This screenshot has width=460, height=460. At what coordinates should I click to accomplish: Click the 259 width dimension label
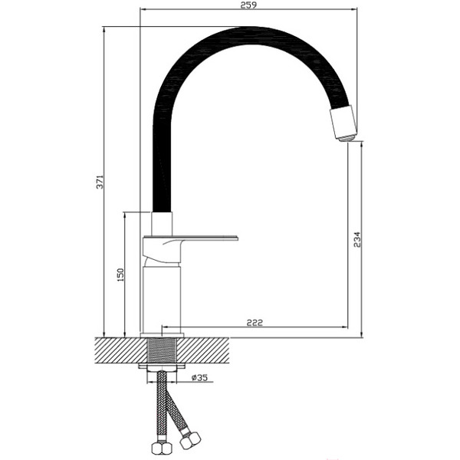[x=248, y=5]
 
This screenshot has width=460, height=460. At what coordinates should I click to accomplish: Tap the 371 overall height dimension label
[x=100, y=182]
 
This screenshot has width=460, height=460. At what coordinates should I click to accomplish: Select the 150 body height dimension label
[x=120, y=275]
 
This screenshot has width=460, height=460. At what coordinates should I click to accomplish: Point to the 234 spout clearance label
[x=356, y=240]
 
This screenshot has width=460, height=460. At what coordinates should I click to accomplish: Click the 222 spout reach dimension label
[x=255, y=323]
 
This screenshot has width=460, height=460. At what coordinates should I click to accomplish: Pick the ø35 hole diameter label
[x=199, y=377]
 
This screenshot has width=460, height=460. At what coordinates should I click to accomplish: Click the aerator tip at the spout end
[x=348, y=138]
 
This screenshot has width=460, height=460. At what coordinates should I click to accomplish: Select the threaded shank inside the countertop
[x=163, y=350]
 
